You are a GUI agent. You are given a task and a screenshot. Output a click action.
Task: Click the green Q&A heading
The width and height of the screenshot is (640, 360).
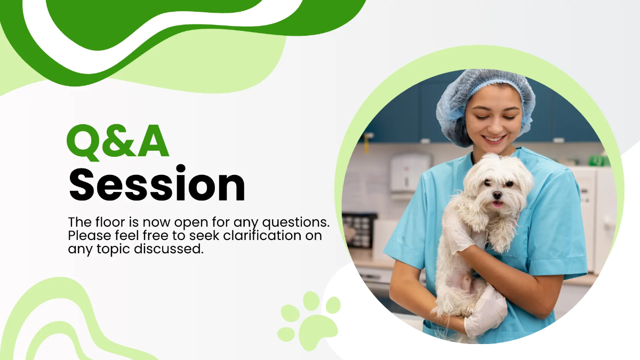click(x=118, y=142)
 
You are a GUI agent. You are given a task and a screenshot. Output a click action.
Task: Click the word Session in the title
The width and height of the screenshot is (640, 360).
click(x=157, y=184)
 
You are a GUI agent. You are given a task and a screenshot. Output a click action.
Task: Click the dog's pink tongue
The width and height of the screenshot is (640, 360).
click(x=497, y=204)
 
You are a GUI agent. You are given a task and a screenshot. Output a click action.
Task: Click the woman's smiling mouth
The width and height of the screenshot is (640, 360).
click(x=495, y=139)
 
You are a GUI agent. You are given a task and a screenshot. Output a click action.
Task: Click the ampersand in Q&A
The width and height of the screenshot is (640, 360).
click(x=119, y=142)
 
